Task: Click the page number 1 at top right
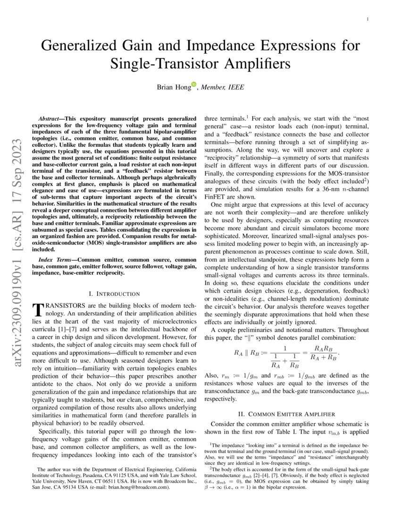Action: point(367,19)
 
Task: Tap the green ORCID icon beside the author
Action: point(193,85)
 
